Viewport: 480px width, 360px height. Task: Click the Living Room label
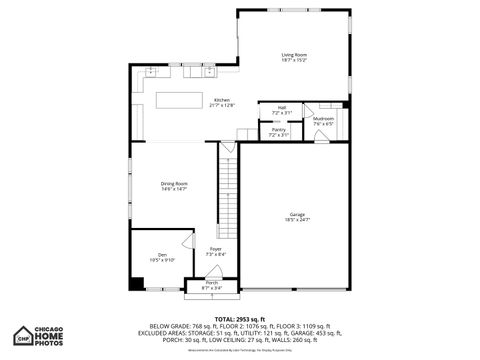293,55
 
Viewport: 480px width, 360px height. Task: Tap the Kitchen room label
221,99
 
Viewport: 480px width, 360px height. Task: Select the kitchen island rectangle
180,101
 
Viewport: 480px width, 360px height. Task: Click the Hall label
281,108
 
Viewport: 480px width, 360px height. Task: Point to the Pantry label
278,128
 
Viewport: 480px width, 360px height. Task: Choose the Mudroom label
323,119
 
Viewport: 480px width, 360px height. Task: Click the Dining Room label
174,183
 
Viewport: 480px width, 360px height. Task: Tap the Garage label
297,214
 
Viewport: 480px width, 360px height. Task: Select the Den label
161,254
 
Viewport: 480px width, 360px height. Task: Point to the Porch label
212,283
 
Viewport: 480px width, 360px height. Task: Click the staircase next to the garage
230,196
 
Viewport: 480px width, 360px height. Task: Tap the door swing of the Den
186,241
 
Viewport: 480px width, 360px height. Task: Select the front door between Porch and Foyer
211,277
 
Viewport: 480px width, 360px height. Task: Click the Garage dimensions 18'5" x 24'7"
297,220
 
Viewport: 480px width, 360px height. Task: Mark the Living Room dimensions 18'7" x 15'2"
293,61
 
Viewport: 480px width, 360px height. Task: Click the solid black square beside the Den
136,282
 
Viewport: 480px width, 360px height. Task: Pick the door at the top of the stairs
228,147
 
